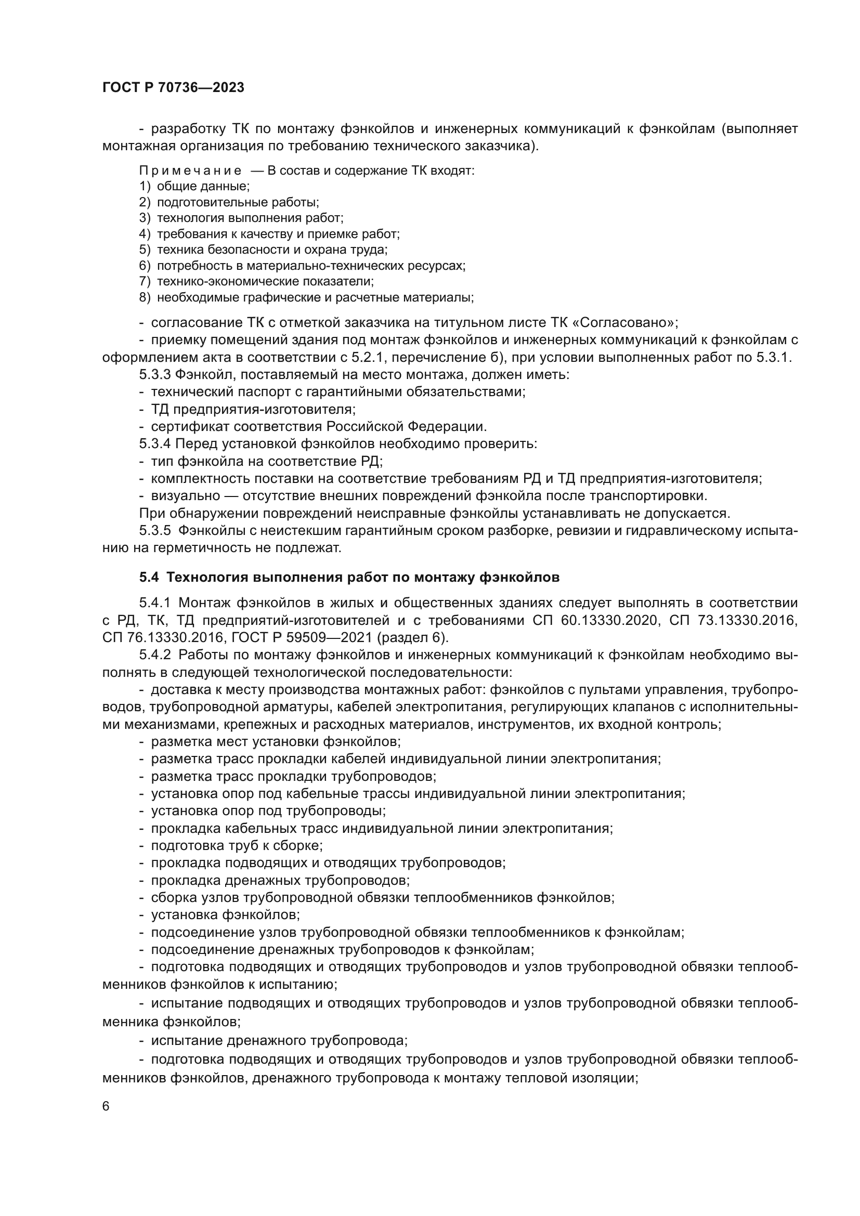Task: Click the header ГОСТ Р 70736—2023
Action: [x=173, y=88]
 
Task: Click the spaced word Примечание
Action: [x=190, y=171]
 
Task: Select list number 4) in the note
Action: [x=145, y=234]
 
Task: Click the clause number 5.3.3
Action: [x=154, y=375]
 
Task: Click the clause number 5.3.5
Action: [x=154, y=530]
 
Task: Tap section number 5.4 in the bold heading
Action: [x=149, y=577]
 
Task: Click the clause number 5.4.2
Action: [x=154, y=655]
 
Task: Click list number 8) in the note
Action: [x=145, y=298]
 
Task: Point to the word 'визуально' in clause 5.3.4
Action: [x=185, y=496]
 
